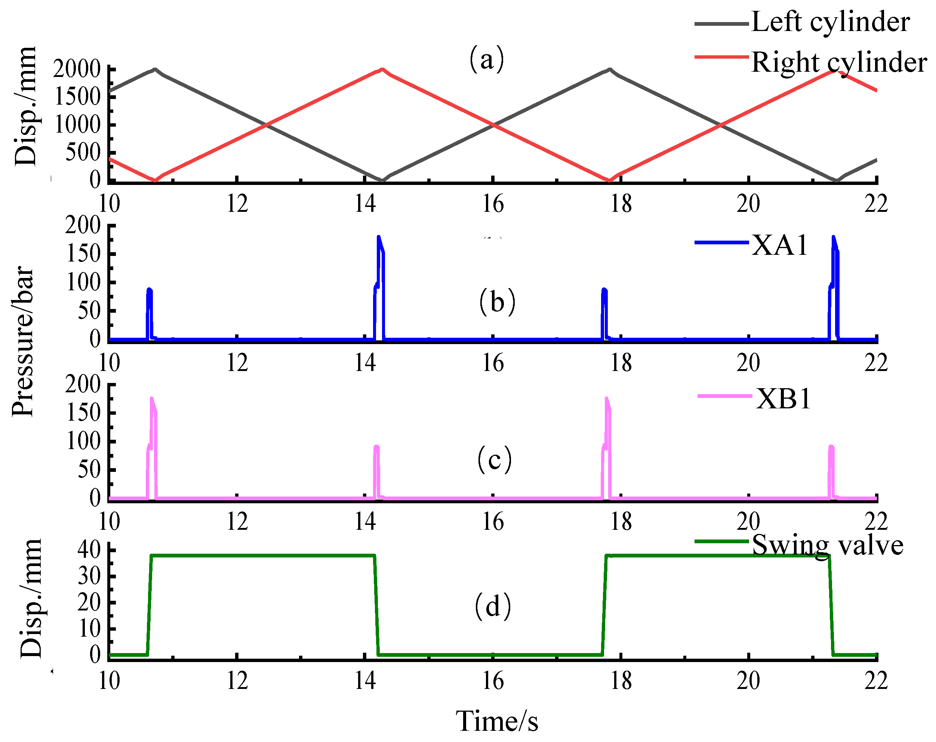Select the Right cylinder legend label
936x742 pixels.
coord(838,62)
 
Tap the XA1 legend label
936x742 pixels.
coord(780,245)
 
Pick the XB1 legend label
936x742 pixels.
coord(783,399)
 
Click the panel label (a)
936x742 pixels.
coord(487,59)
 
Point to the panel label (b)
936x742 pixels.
coord(497,302)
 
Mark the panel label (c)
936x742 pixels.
coord(495,460)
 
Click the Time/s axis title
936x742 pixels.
coord(497,721)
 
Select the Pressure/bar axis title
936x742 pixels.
coord(22,342)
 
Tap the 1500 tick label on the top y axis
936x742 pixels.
coord(77,97)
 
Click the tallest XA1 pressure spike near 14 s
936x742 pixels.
coord(379,237)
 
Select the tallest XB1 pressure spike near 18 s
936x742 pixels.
coord(606,398)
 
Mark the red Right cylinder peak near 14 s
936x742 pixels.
coord(382,69)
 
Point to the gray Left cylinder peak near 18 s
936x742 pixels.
coord(610,69)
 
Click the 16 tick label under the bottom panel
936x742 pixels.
coord(493,681)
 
